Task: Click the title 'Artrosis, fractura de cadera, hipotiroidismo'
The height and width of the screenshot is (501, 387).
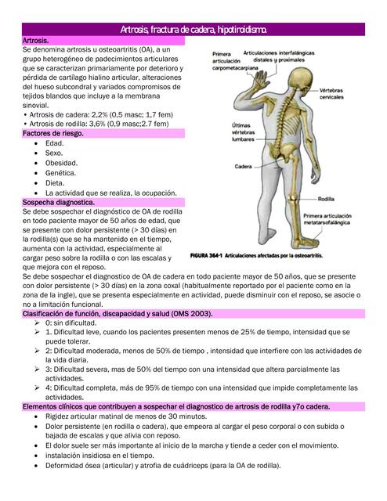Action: coord(193,29)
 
